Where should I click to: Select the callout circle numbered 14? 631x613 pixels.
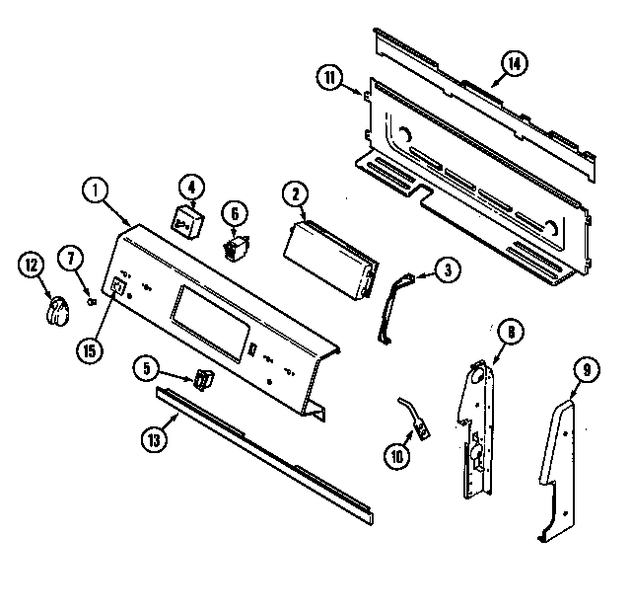coord(513,65)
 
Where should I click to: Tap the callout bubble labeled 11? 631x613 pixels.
coord(330,77)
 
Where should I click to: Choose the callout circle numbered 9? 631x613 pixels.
coord(586,371)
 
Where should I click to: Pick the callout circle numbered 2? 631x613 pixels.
coord(293,194)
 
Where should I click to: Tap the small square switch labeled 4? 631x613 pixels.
coord(186,221)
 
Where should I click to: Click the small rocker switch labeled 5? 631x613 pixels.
coord(202,379)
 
